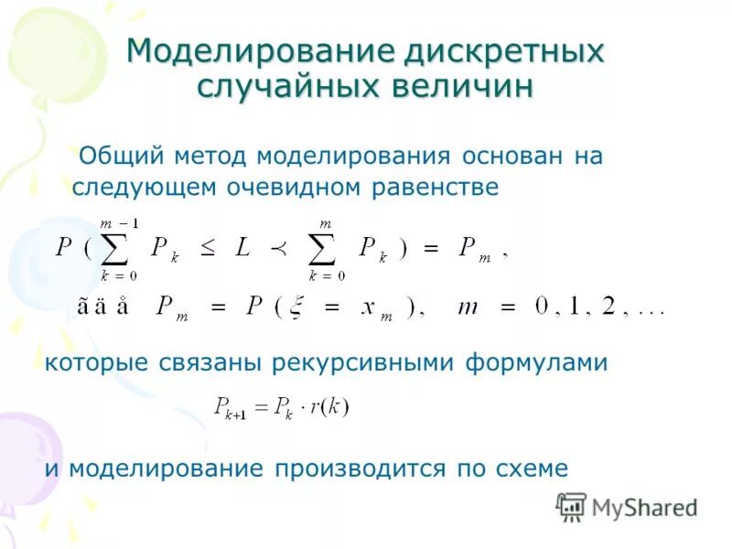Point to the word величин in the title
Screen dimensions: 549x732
click(x=461, y=87)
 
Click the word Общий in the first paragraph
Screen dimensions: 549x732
click(x=114, y=156)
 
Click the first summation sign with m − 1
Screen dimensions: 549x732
click(x=124, y=246)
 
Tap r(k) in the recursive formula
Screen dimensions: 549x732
click(x=330, y=407)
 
